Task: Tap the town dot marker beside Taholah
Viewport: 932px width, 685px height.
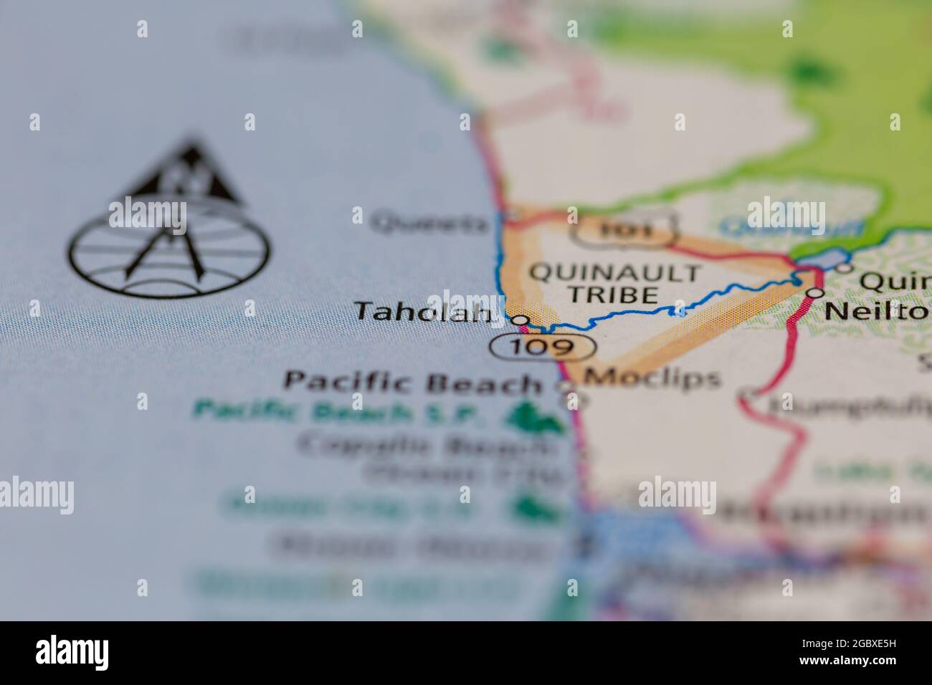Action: click(520, 320)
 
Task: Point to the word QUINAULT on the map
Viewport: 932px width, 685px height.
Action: click(614, 273)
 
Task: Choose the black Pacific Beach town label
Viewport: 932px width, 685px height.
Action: click(413, 381)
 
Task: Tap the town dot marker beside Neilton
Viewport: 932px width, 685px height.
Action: click(815, 293)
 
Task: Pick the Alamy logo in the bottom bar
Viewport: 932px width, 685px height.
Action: click(72, 652)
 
